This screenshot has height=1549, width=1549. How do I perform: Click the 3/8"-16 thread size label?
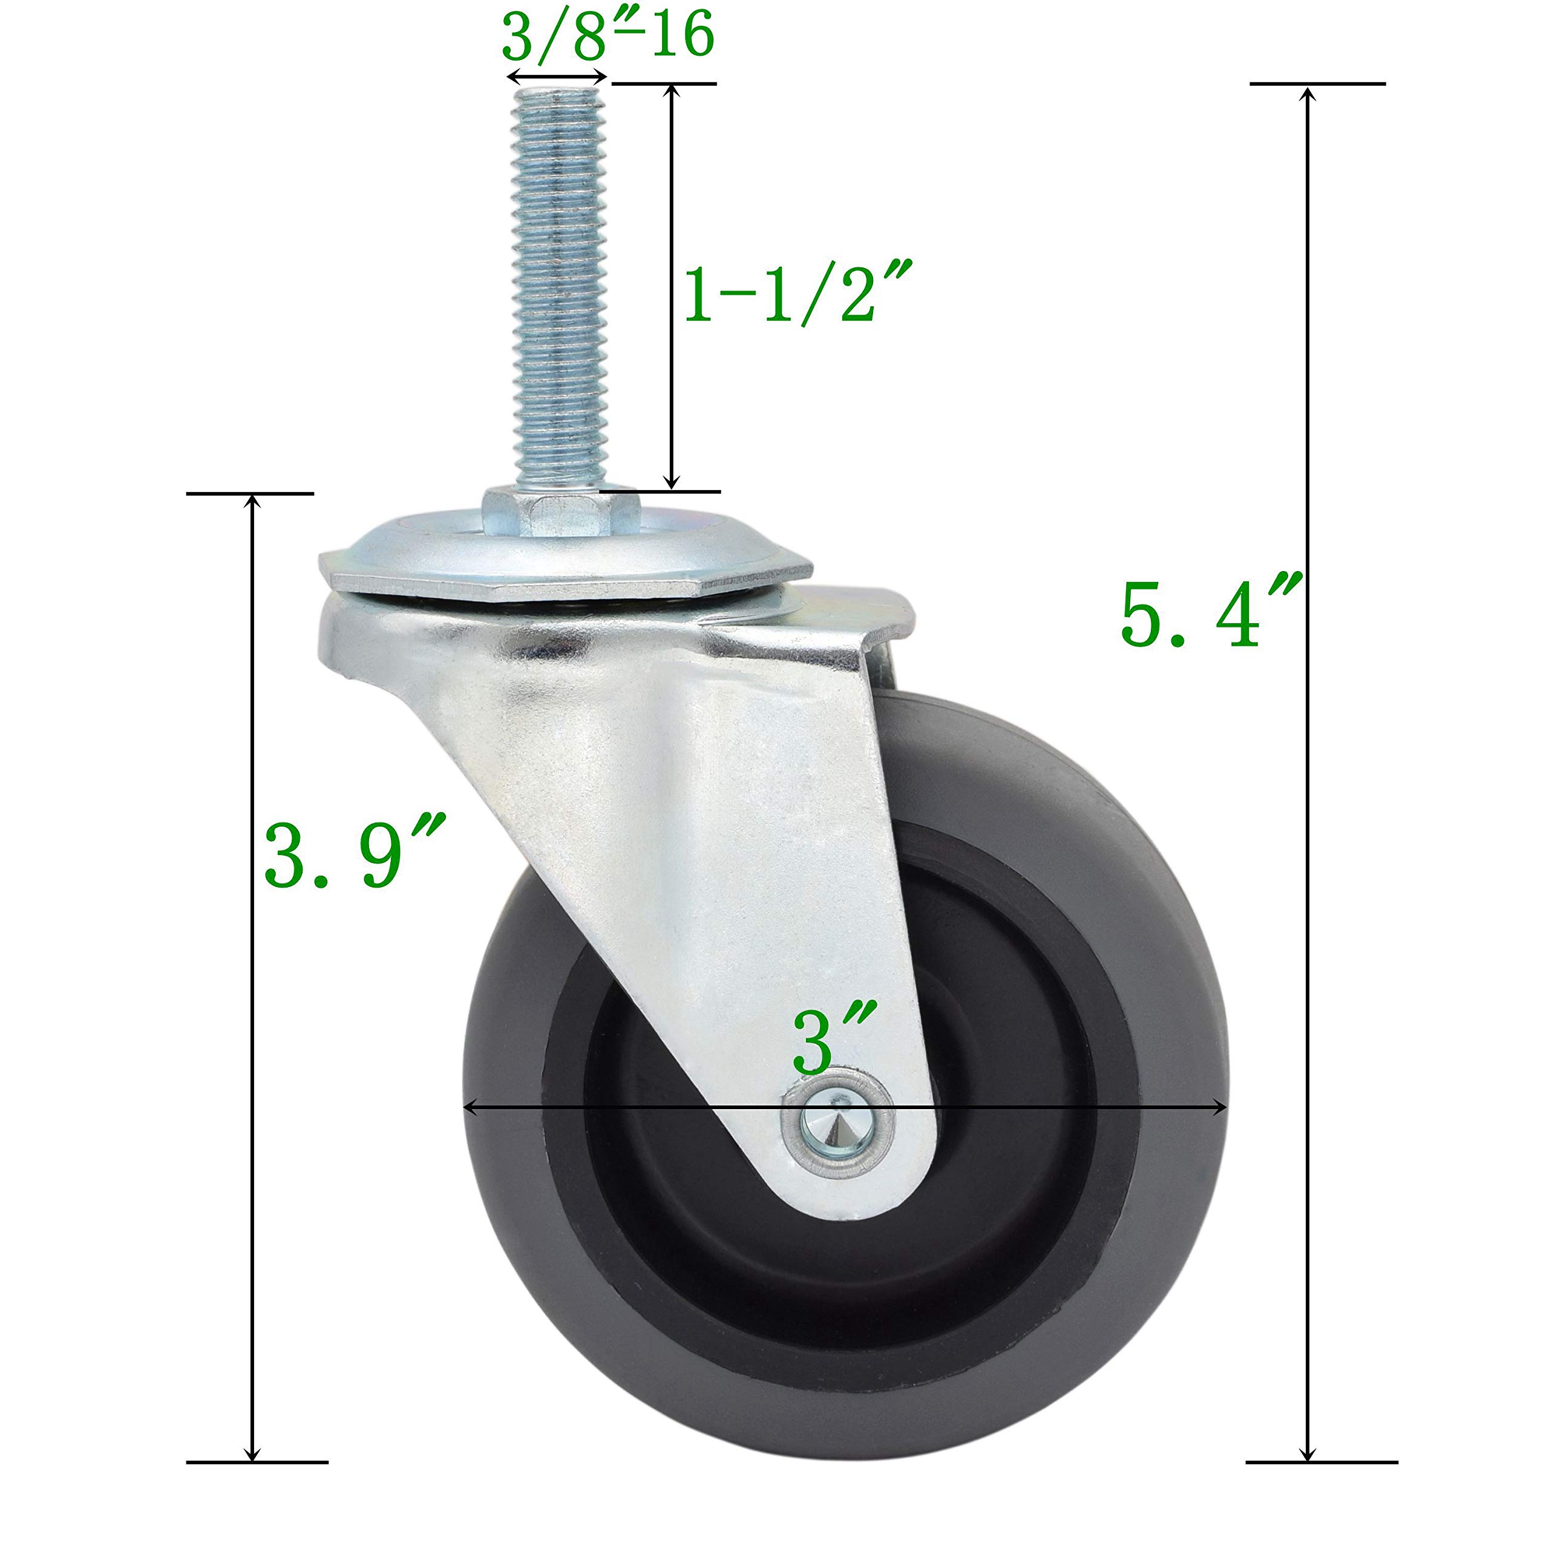pyautogui.click(x=607, y=37)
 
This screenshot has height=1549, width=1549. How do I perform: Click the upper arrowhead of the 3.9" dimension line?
pyautogui.click(x=252, y=503)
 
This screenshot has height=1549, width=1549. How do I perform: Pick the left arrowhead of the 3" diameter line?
pyautogui.click(x=471, y=1108)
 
